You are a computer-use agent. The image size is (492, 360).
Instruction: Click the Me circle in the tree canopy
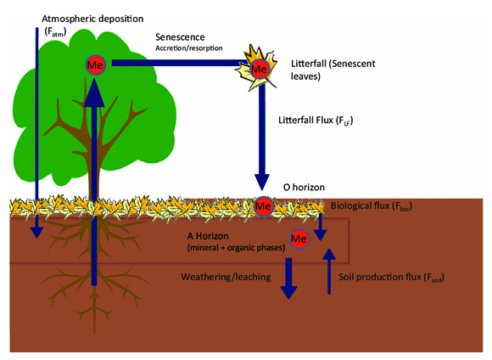click(x=95, y=65)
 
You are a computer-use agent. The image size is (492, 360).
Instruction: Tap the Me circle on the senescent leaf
click(x=260, y=69)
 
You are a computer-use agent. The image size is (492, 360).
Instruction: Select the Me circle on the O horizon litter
click(x=263, y=206)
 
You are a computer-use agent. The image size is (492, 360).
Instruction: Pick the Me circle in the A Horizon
click(x=299, y=239)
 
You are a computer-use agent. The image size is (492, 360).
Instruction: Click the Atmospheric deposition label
click(x=92, y=19)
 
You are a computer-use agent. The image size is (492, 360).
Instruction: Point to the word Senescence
click(x=180, y=37)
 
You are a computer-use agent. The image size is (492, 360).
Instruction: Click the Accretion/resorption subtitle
click(x=189, y=48)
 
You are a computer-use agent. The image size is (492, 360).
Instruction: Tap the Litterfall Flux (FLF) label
click(x=316, y=121)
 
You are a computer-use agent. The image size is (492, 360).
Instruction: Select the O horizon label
click(x=304, y=188)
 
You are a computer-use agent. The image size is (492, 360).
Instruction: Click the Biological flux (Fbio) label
click(x=372, y=206)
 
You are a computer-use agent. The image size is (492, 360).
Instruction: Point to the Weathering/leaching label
click(x=226, y=277)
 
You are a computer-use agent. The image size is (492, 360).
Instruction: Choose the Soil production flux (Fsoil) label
click(x=391, y=278)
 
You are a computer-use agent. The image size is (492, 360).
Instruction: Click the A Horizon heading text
click(x=208, y=236)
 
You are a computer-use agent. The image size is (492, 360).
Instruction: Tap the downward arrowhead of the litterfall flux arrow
click(x=261, y=183)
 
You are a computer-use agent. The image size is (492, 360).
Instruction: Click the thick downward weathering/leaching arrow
click(x=288, y=278)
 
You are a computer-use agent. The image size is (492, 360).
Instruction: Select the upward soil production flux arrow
click(x=329, y=271)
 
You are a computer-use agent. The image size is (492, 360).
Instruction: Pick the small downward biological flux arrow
click(x=321, y=227)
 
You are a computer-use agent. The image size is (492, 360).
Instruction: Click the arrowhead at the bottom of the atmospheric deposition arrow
click(x=37, y=233)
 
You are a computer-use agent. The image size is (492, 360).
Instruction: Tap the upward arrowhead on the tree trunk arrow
click(x=94, y=92)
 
